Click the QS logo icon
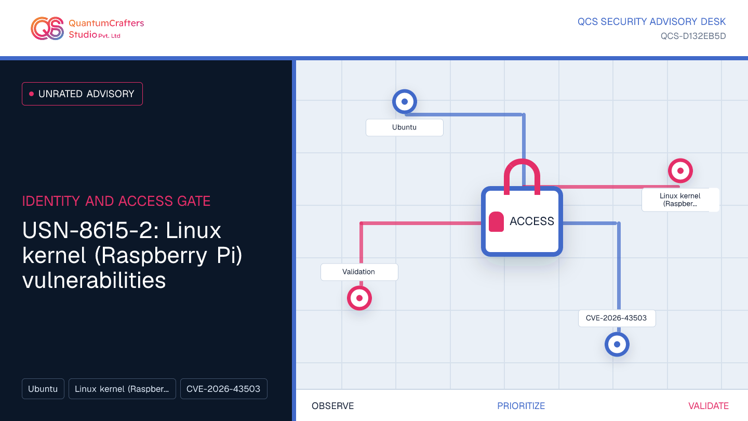pyautogui.click(x=47, y=29)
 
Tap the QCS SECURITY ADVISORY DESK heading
pyautogui.click(x=651, y=22)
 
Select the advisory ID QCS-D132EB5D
pyautogui.click(x=693, y=36)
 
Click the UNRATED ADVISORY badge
pyautogui.click(x=82, y=94)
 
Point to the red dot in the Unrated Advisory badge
pyautogui.click(x=31, y=94)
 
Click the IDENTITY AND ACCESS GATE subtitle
pyautogui.click(x=116, y=201)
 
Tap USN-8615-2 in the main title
pyautogui.click(x=90, y=231)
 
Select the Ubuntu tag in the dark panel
pyautogui.click(x=43, y=389)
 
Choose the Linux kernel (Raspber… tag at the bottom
pyautogui.click(x=122, y=389)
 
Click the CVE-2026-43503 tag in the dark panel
pyautogui.click(x=224, y=389)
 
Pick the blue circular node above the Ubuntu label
pyautogui.click(x=404, y=101)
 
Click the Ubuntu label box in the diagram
pyautogui.click(x=404, y=127)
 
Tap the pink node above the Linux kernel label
pyautogui.click(x=680, y=170)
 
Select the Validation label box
pyautogui.click(x=359, y=272)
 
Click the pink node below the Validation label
pyautogui.click(x=359, y=298)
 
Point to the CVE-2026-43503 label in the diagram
pyautogui.click(x=617, y=318)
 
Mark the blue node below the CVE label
pyautogui.click(x=617, y=344)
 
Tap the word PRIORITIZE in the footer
pyautogui.click(x=521, y=406)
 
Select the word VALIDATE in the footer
pyautogui.click(x=709, y=406)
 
